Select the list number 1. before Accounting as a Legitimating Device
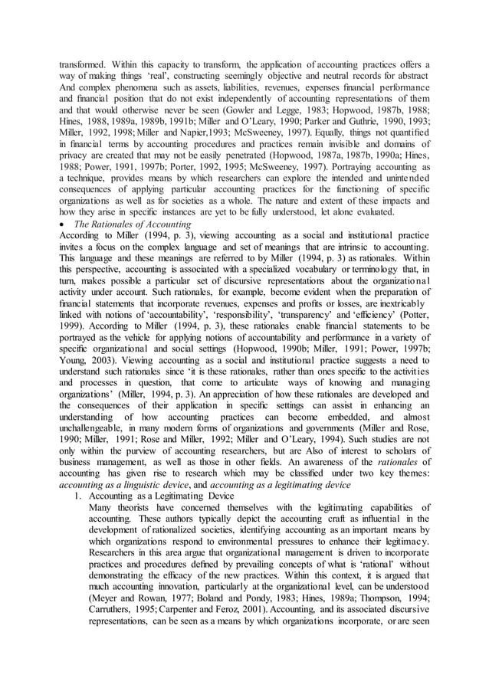coord(75,496)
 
